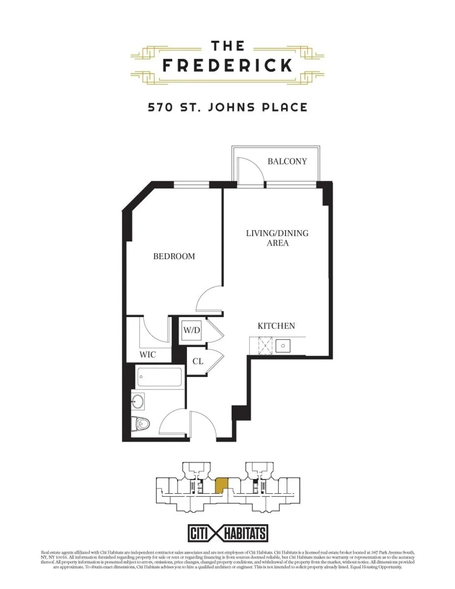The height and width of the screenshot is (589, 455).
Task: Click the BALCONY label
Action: click(x=287, y=162)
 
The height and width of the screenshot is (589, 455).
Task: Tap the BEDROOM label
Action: click(x=174, y=256)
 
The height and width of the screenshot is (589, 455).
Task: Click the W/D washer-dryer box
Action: click(x=192, y=330)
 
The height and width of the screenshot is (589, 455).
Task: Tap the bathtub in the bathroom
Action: click(x=159, y=377)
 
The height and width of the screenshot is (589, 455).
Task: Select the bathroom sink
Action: click(x=138, y=401)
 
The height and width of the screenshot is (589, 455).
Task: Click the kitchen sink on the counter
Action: click(x=283, y=346)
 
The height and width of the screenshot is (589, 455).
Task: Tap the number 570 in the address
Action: click(x=160, y=107)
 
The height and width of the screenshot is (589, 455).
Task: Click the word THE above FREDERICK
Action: click(x=227, y=46)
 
